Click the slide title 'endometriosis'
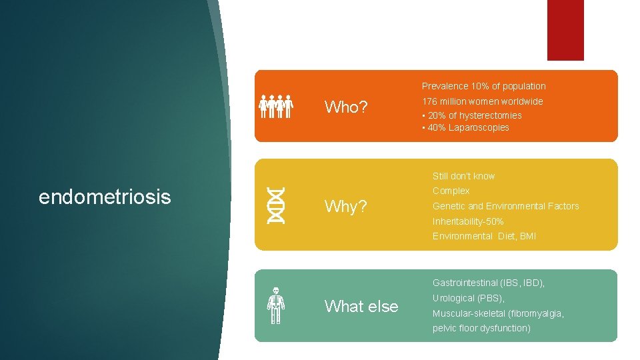click(x=105, y=197)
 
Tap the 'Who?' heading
click(x=346, y=107)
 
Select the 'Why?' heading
click(x=345, y=207)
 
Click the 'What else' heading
click(x=361, y=307)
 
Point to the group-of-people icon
click(x=276, y=106)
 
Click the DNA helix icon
click(x=275, y=205)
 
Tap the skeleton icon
click(x=275, y=305)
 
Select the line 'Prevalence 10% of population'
click(x=483, y=86)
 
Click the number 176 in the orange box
click(x=429, y=101)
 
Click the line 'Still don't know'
click(x=463, y=176)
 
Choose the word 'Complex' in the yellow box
click(x=451, y=191)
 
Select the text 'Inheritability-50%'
click(x=468, y=221)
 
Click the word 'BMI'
click(x=527, y=236)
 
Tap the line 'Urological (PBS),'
click(x=468, y=298)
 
